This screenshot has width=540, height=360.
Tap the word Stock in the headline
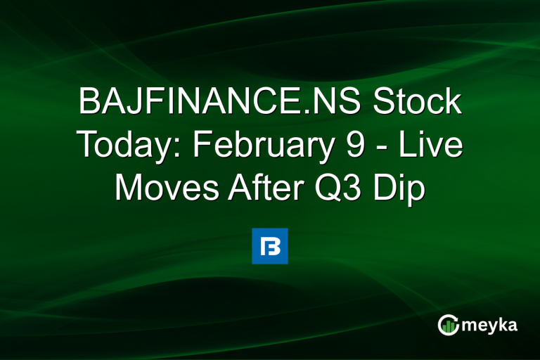pos(420,103)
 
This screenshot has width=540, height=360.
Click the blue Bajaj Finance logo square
pos(270,246)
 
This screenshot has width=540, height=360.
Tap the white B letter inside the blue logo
pos(270,246)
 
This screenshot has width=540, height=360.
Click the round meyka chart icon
pos(448,325)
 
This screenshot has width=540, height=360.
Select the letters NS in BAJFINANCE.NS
pos(342,103)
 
